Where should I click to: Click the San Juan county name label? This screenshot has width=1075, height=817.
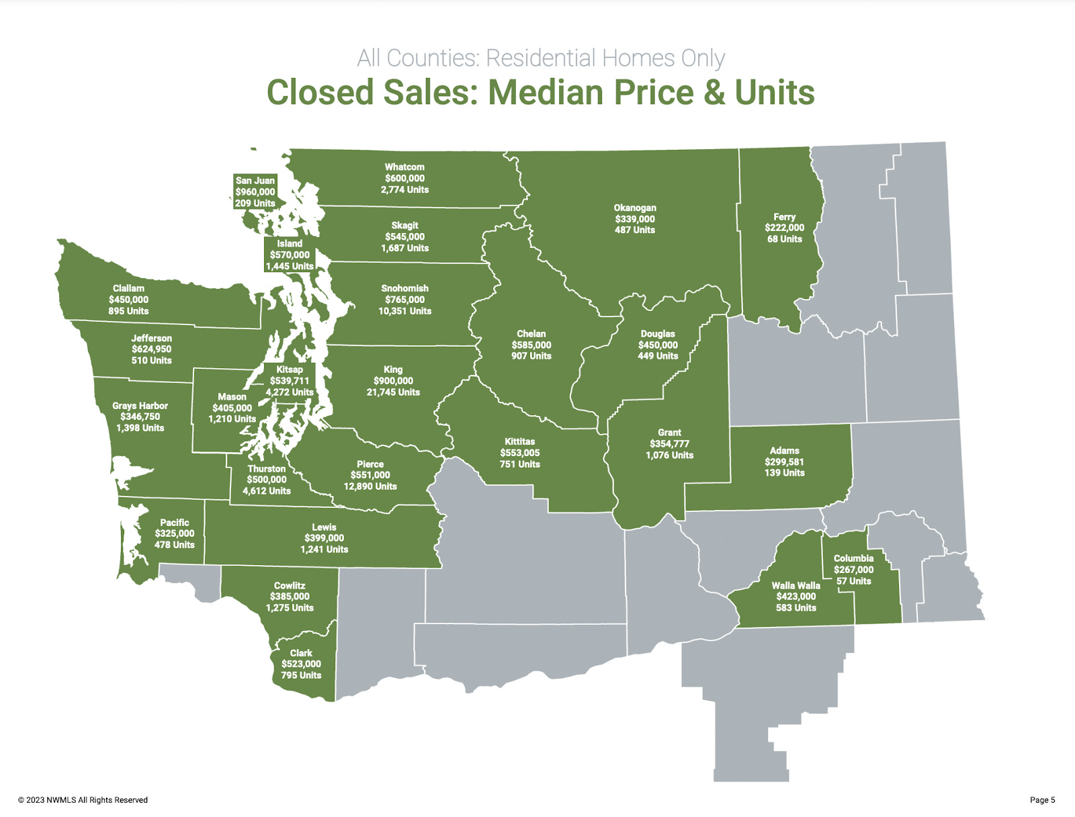tap(255, 181)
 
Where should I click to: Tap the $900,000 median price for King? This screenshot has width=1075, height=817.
tap(393, 381)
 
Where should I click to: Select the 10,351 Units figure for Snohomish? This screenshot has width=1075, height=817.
tap(404, 311)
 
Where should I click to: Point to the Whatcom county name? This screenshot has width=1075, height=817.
tap(404, 167)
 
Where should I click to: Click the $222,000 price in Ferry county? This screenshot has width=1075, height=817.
tap(784, 228)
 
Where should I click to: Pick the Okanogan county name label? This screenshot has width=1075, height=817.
tap(635, 208)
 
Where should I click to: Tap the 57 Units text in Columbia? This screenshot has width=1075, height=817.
tap(853, 581)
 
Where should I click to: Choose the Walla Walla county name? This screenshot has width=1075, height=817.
tap(795, 585)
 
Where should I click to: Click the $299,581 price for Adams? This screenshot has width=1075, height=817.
tap(784, 462)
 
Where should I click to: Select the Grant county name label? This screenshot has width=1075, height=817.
tap(669, 433)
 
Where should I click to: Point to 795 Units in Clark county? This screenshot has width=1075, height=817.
tap(301, 675)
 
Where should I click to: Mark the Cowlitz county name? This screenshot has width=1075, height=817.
tap(290, 585)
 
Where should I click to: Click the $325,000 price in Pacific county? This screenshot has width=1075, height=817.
tap(175, 533)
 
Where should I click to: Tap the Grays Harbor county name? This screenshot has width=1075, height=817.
tap(140, 406)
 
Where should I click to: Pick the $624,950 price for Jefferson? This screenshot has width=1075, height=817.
tap(151, 349)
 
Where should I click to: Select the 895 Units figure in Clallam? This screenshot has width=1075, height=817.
tap(128, 311)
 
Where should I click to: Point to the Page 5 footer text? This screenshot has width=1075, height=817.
tap(1042, 800)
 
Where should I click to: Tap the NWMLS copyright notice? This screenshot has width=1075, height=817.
tap(83, 800)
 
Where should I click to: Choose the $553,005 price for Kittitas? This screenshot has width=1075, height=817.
tap(519, 453)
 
